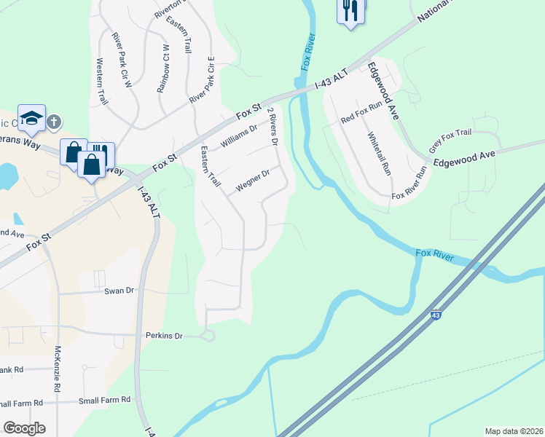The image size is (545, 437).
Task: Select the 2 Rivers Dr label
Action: tap(272, 127)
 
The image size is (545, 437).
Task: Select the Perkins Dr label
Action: tap(163, 336)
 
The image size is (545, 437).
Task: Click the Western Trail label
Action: tap(101, 82)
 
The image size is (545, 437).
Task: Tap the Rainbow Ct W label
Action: tap(163, 68)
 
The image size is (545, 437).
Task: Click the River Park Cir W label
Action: tap(121, 60)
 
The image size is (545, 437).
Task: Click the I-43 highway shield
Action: tap(435, 315)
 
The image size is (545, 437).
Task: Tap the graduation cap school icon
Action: tap(32, 119)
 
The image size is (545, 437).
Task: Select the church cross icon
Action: tap(55, 122)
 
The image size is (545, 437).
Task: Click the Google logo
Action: tap(25, 428)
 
